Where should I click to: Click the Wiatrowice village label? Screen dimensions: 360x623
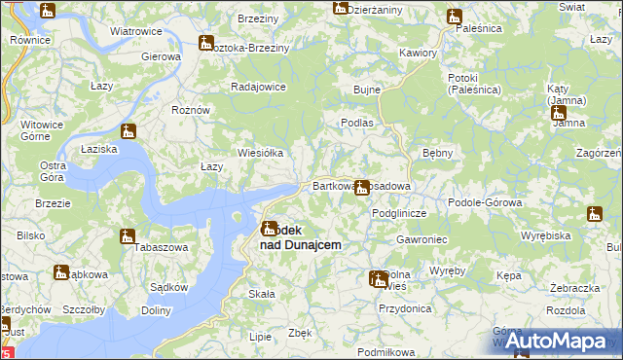[135, 31]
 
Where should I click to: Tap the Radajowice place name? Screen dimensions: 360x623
[258, 87]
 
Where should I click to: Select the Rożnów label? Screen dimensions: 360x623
[191, 110]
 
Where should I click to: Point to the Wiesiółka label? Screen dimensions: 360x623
[260, 153]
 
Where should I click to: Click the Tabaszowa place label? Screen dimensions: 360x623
[131, 247]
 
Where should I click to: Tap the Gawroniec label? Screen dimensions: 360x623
[421, 239]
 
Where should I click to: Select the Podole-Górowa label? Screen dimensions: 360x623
[485, 202]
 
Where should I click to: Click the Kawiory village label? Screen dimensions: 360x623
[418, 51]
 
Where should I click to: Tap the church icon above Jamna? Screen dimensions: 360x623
[558, 113]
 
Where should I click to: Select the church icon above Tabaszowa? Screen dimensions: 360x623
[127, 235]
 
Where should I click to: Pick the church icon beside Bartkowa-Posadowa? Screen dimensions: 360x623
[362, 187]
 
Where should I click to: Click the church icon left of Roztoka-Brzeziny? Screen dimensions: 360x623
[205, 43]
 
